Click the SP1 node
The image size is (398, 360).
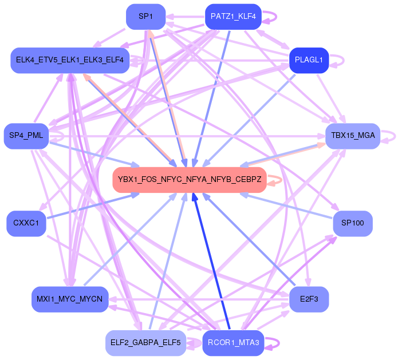coord(145,17)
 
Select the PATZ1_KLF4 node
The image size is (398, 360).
coord(233,17)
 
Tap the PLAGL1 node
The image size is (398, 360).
coord(309,60)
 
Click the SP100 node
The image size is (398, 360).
coord(353,223)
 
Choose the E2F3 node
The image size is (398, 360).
coord(309,299)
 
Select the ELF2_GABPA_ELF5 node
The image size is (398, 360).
coord(145,343)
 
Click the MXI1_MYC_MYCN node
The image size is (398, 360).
coord(69,299)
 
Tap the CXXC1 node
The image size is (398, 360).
coord(26,223)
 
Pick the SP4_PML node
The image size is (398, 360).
coord(26,136)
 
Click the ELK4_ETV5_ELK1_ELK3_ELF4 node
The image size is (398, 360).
coord(69,60)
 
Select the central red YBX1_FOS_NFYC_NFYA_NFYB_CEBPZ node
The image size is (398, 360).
coord(190,180)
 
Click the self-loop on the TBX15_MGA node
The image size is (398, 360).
coord(390,136)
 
